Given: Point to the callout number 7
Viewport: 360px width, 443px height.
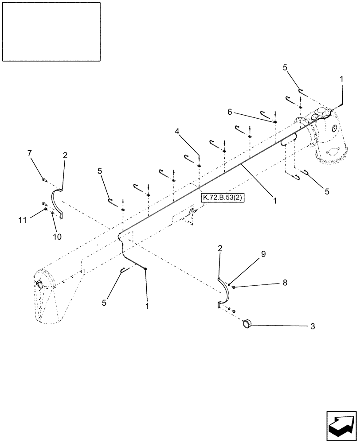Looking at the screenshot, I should pos(30,153).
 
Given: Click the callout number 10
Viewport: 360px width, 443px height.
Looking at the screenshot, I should pos(57,237).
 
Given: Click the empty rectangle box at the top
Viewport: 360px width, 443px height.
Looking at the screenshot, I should pos(51,31).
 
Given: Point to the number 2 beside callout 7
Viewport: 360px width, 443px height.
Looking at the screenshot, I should pos(65,155).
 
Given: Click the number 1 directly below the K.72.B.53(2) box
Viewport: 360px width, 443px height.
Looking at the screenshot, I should pos(275,200).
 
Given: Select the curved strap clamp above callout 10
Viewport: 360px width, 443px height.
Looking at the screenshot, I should pos(57,202).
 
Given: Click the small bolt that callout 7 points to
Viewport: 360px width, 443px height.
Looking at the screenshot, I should pos(45,180).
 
